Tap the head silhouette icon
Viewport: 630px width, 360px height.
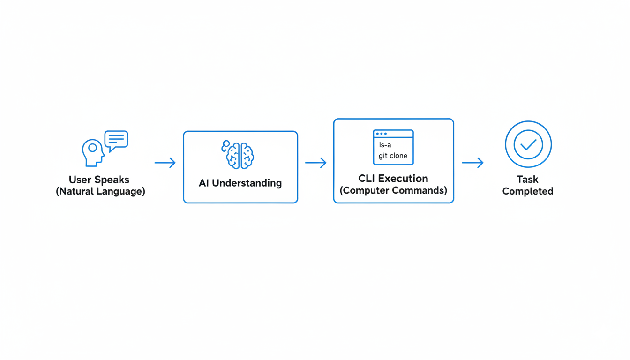point(93,152)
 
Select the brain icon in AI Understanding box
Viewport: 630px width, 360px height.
point(238,155)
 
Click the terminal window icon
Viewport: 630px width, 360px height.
point(393,147)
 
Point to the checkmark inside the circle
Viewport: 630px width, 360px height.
point(528,144)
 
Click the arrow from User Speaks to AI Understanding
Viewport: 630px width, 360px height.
point(165,163)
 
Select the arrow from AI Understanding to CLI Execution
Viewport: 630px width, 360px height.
point(315,163)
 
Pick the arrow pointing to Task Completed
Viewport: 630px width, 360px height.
point(472,163)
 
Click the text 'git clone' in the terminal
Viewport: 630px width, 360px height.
point(393,156)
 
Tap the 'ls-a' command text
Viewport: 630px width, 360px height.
point(385,145)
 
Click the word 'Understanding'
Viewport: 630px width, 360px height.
point(247,183)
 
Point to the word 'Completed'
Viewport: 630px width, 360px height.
point(528,191)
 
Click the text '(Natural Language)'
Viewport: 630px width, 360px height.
point(100,191)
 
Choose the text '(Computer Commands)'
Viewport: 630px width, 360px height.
point(393,191)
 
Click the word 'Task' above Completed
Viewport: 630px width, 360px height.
point(527,179)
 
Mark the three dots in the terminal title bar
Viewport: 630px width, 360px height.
point(381,134)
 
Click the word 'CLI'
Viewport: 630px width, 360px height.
point(367,179)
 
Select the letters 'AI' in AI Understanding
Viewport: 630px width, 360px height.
point(204,183)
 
